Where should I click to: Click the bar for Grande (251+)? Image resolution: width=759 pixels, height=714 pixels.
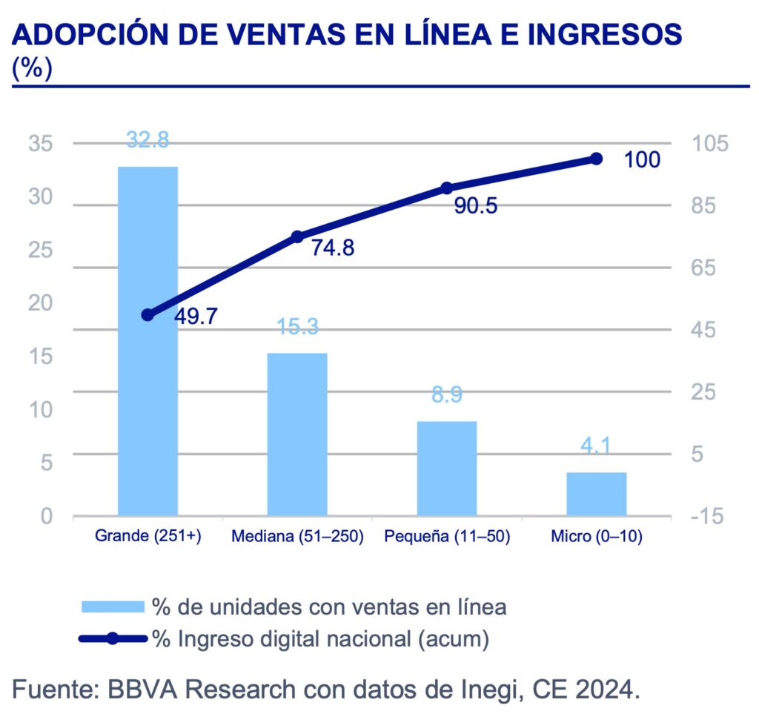click(x=148, y=340)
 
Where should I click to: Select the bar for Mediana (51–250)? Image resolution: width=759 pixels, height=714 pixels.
click(x=297, y=434)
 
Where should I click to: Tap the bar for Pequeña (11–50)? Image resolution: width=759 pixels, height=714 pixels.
click(x=447, y=468)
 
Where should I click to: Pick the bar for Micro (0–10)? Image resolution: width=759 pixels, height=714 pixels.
click(x=597, y=493)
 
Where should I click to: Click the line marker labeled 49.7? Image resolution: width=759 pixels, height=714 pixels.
click(x=147, y=315)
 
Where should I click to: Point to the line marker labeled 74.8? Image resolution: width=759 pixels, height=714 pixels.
click(x=297, y=237)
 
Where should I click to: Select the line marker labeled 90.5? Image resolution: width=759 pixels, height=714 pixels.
click(x=447, y=188)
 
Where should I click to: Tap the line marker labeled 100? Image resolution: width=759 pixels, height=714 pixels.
click(x=597, y=159)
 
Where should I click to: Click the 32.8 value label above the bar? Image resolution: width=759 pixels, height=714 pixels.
click(x=148, y=139)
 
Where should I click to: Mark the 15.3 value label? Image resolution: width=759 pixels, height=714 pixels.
click(x=297, y=327)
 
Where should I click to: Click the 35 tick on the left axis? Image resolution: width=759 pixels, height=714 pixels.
click(x=42, y=143)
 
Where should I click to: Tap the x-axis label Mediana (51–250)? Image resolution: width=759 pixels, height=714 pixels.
click(x=297, y=536)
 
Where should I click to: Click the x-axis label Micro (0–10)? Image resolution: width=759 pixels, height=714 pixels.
click(x=597, y=536)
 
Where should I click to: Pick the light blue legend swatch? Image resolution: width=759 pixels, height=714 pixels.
click(x=112, y=606)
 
